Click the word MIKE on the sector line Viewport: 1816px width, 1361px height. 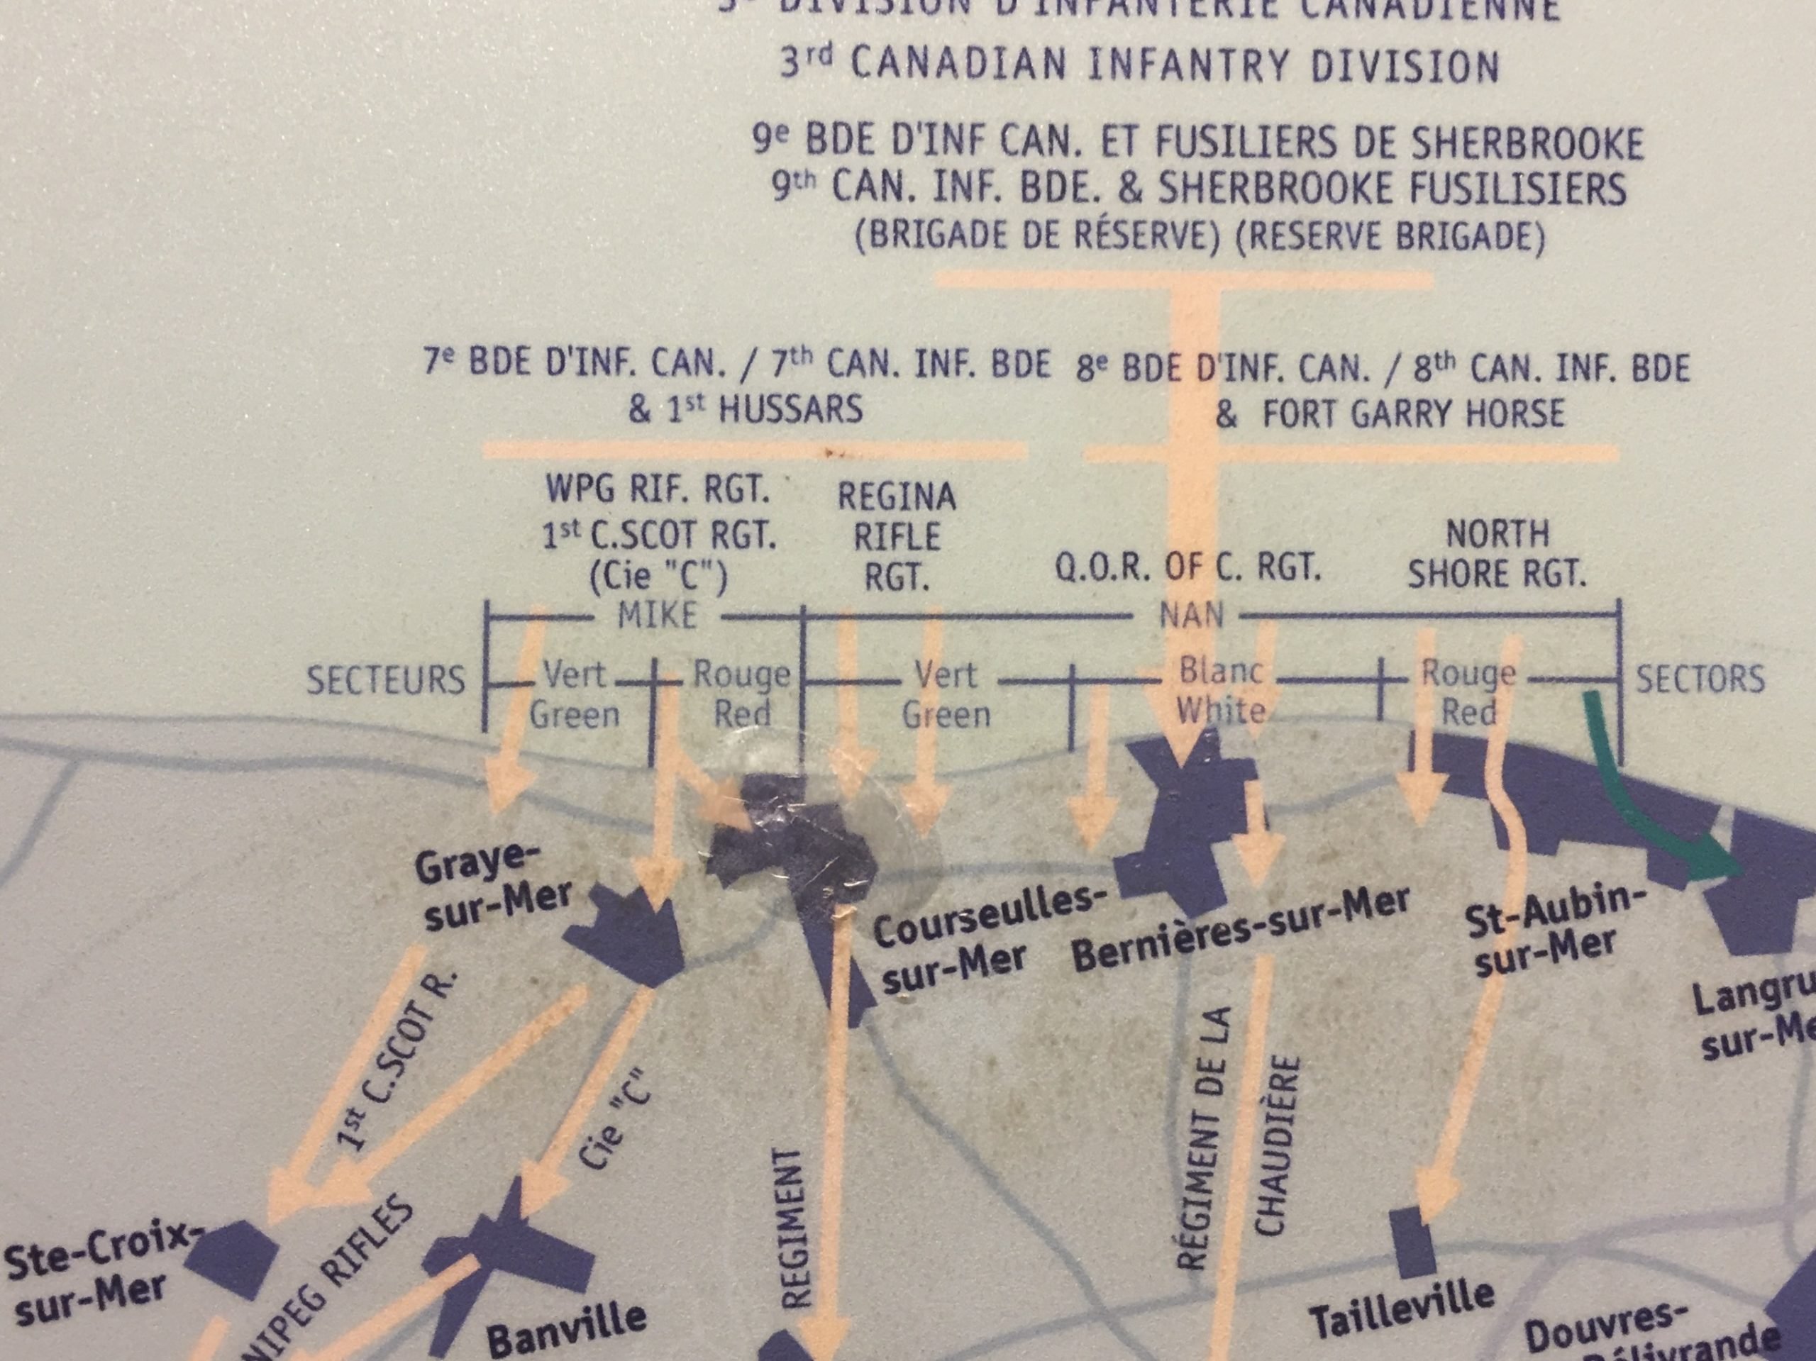(657, 615)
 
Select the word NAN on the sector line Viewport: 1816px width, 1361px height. (1190, 615)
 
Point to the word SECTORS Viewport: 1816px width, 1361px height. (1700, 679)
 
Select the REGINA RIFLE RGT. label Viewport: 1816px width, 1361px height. (897, 536)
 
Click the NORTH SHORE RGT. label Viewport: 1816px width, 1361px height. (1497, 554)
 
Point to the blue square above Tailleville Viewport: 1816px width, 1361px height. (1412, 1252)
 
